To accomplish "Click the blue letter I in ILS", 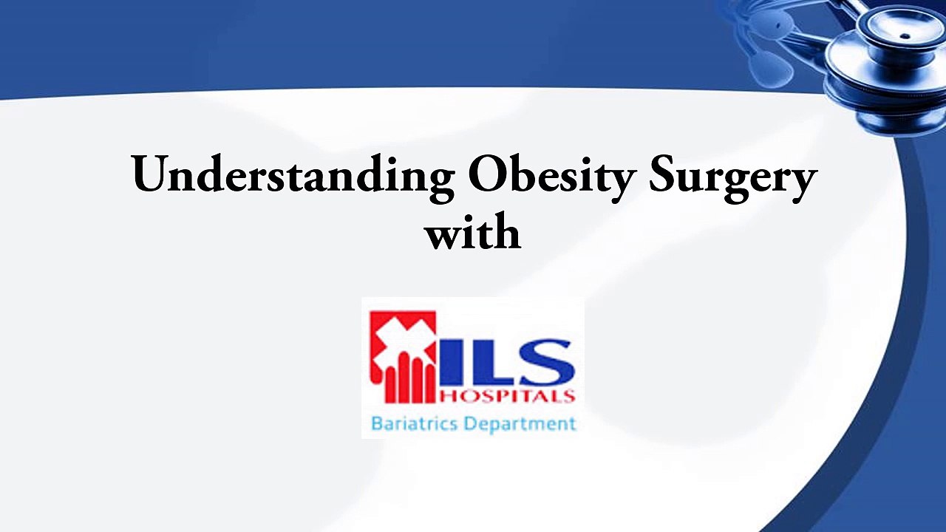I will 453,362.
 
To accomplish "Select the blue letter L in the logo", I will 489,362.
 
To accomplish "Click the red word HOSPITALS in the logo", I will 507,397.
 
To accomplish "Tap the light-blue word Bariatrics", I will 412,424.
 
